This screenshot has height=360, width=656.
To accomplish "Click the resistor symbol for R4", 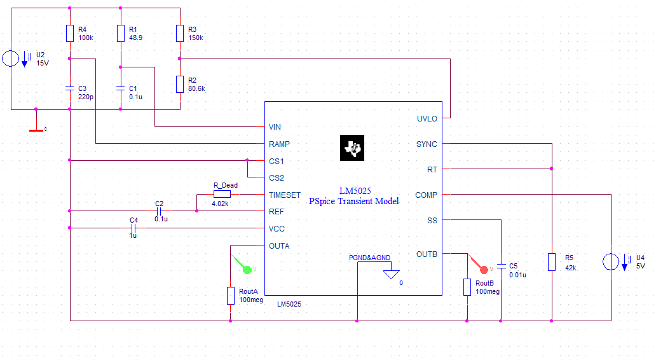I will [x=70, y=34].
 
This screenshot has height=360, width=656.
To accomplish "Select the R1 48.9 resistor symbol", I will [x=121, y=34].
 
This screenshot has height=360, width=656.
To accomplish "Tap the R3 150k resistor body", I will [x=181, y=34].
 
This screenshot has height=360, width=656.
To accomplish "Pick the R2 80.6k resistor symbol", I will [x=181, y=84].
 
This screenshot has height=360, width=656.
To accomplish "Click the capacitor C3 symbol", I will [x=70, y=88].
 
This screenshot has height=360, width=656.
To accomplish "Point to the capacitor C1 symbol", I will [x=121, y=88].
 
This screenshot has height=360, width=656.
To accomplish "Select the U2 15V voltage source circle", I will [x=11, y=59].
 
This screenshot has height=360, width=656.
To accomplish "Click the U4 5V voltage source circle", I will [x=611, y=262].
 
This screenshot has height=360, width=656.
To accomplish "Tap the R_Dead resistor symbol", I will [x=222, y=194].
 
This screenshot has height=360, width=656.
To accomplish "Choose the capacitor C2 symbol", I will [x=160, y=211].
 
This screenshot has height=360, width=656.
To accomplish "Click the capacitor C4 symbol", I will [x=133, y=228].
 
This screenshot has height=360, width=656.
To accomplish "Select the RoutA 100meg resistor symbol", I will [x=230, y=296].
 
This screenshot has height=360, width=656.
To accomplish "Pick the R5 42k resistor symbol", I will [x=552, y=262].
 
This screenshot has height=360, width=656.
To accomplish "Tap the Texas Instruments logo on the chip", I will [x=352, y=148].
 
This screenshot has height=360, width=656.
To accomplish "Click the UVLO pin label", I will [x=427, y=119].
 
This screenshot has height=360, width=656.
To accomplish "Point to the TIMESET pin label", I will [x=285, y=195].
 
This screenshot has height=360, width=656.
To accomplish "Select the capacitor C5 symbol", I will [x=502, y=266].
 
